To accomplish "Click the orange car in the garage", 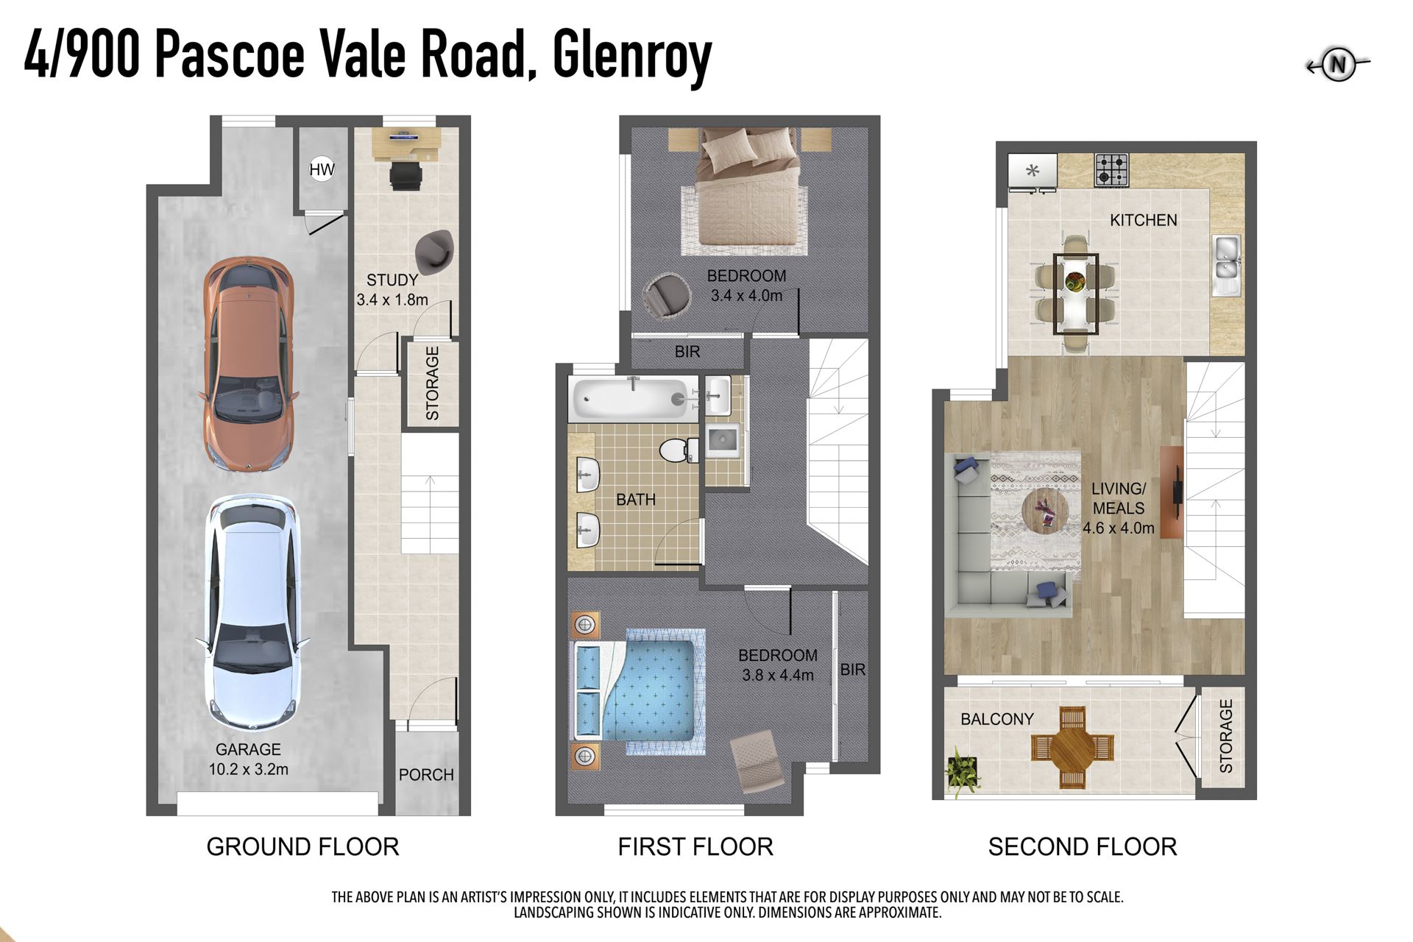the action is click(x=248, y=364).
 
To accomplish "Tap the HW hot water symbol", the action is click(x=322, y=170).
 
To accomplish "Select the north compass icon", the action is click(x=1338, y=65).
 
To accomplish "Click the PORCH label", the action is click(x=426, y=775).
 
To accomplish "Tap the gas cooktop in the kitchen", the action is click(x=1111, y=169).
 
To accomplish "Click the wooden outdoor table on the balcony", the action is click(x=1072, y=748).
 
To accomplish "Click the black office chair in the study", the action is click(x=406, y=175).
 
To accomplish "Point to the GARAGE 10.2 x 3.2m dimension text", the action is click(x=248, y=759).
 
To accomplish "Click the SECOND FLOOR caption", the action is click(x=1083, y=847).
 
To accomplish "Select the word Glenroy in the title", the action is click(x=632, y=57).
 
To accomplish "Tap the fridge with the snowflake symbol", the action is click(x=1033, y=171).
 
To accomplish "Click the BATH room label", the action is click(x=636, y=500).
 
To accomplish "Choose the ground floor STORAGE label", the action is click(x=433, y=384).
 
